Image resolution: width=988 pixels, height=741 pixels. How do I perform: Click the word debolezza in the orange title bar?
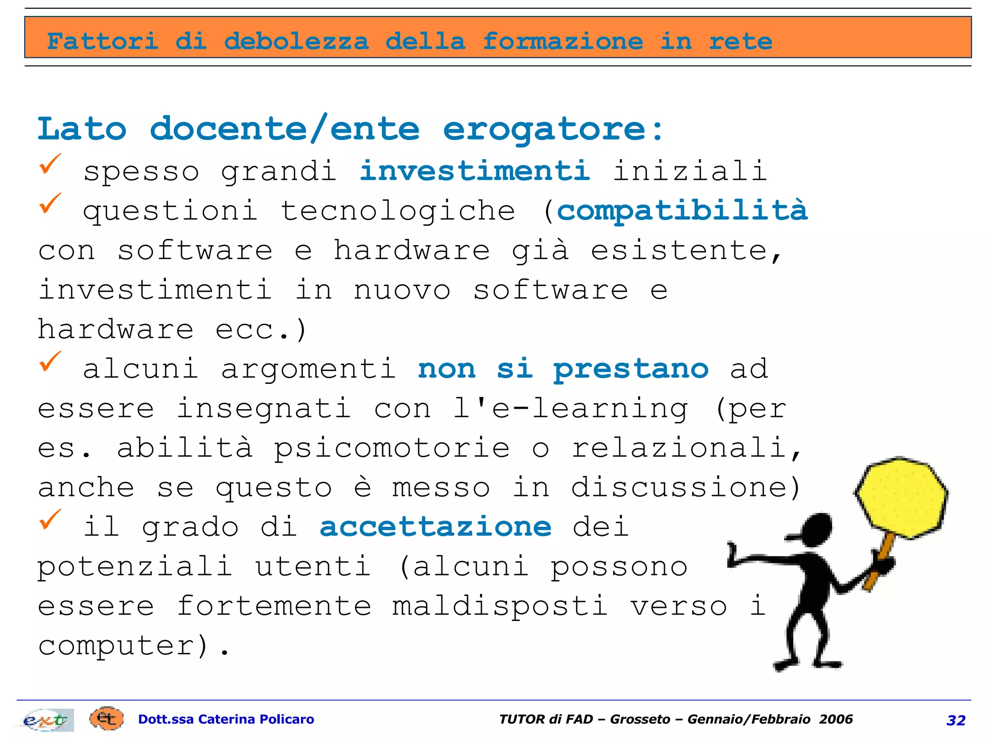pyautogui.click(x=296, y=41)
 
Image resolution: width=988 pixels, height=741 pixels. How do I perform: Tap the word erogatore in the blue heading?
pyautogui.click(x=544, y=129)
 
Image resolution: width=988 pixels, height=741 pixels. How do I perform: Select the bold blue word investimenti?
pyautogui.click(x=475, y=171)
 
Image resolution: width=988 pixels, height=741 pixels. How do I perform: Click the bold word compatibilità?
pyautogui.click(x=682, y=210)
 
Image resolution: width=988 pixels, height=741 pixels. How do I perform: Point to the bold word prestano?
pyautogui.click(x=631, y=370)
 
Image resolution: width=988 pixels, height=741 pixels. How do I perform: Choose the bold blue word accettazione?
pyautogui.click(x=435, y=527)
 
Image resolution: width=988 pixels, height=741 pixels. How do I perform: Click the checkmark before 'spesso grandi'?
pyautogui.click(x=50, y=164)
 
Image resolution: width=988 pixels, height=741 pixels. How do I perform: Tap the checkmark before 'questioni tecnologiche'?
pyautogui.click(x=50, y=204)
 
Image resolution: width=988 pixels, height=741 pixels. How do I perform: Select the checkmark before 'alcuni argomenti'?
pyautogui.click(x=50, y=362)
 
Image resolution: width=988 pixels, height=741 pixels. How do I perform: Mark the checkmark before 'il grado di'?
pyautogui.click(x=50, y=520)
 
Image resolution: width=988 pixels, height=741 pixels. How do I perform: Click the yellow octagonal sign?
pyautogui.click(x=901, y=497)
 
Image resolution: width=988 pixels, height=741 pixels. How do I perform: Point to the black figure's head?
pyautogui.click(x=815, y=529)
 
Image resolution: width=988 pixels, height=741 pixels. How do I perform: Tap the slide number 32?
pyautogui.click(x=956, y=720)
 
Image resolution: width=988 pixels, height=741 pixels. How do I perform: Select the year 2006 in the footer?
pyautogui.click(x=836, y=719)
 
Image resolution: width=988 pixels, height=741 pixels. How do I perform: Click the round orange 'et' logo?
pyautogui.click(x=106, y=719)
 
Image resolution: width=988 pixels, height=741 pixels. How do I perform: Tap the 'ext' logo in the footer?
pyautogui.click(x=46, y=720)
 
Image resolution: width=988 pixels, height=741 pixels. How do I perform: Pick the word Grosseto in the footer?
pyautogui.click(x=640, y=719)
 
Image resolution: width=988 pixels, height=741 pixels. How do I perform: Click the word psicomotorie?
pyautogui.click(x=392, y=448)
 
